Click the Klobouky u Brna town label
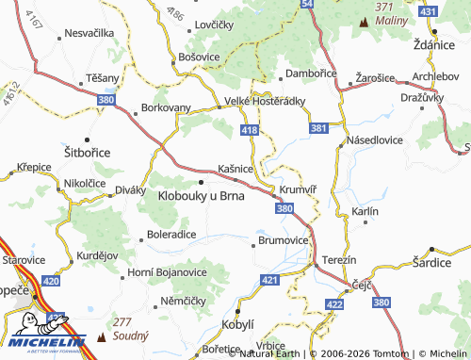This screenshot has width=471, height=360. pos(202,196)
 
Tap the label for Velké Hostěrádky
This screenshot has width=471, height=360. pos(265,101)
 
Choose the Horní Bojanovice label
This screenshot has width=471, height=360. pos(168,271)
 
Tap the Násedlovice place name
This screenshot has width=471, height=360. pos(376,139)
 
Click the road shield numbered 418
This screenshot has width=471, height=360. pos(249,129)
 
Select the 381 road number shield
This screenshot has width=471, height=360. pos(318,127)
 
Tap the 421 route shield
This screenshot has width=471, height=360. pos(270,280)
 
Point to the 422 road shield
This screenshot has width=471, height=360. pos(333,303)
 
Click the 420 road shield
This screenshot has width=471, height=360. pos(51,281)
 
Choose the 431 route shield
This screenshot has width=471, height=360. pos(429,10)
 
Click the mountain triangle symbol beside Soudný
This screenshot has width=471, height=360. pos(102,335)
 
